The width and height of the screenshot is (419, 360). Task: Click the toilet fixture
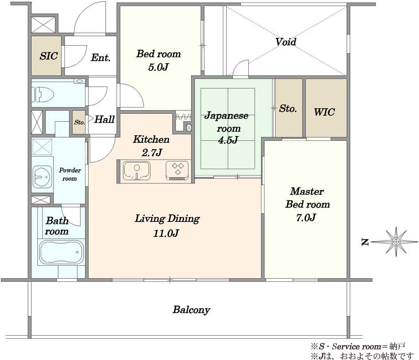pyautogui.click(x=43, y=94)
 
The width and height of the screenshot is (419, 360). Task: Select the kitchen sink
pyautogui.click(x=137, y=171)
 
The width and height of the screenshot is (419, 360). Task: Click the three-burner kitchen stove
pyautogui.click(x=177, y=170)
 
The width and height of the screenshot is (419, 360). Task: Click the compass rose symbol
pyautogui.click(x=396, y=242)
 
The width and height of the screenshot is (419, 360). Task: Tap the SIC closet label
pyautogui.click(x=49, y=56)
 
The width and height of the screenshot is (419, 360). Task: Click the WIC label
pyautogui.click(x=324, y=112)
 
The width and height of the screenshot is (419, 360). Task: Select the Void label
pyautogui.click(x=286, y=42)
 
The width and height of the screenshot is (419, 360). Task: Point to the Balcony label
pyautogui.click(x=191, y=310)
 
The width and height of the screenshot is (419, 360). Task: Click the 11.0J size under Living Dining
pyautogui.click(x=166, y=234)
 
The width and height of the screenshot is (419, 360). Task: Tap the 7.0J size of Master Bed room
pyautogui.click(x=306, y=218)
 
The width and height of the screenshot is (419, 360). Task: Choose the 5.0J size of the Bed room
pyautogui.click(x=158, y=67)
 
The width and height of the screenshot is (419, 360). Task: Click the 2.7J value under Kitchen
pyautogui.click(x=152, y=152)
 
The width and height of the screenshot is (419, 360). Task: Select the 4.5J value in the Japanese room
pyautogui.click(x=228, y=140)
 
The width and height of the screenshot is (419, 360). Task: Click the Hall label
pyautogui.click(x=104, y=119)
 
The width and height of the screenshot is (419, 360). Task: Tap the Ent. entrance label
pyautogui.click(x=101, y=57)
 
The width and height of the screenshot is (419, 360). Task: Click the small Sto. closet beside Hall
pyautogui.click(x=79, y=122)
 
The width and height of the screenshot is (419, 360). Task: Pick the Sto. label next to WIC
pyautogui.click(x=288, y=108)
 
